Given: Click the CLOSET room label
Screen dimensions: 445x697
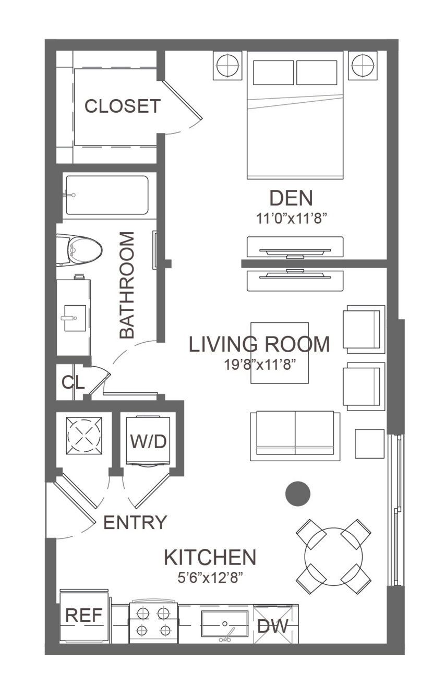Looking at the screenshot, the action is [x=122, y=106].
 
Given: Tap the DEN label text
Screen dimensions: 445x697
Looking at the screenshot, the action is [x=291, y=198].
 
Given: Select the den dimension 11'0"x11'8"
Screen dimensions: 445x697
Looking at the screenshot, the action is [x=291, y=219].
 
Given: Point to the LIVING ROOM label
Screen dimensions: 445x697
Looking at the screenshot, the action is [x=259, y=344].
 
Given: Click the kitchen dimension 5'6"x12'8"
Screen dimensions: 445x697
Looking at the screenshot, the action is [x=210, y=578].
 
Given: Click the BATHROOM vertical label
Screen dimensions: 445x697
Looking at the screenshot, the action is [x=127, y=285].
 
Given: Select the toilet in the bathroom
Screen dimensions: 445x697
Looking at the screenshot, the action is [x=79, y=250].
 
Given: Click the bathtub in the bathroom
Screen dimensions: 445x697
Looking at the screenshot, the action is [x=107, y=195].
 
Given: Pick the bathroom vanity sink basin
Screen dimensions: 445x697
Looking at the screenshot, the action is [x=75, y=318].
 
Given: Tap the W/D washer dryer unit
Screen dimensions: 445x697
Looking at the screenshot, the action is [x=148, y=441].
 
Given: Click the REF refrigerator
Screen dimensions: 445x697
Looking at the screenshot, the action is [x=84, y=616].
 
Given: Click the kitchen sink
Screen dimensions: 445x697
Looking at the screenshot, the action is [x=225, y=624].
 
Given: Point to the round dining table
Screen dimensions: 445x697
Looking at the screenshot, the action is [x=333, y=557].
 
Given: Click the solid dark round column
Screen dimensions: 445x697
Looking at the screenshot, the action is [x=298, y=494].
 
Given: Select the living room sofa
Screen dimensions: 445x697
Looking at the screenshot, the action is [x=295, y=436].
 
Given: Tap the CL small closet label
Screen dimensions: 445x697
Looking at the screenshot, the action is [x=73, y=382].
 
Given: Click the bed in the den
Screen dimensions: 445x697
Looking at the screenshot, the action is [x=295, y=115].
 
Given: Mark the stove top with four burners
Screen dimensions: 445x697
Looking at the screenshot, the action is [x=153, y=622].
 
